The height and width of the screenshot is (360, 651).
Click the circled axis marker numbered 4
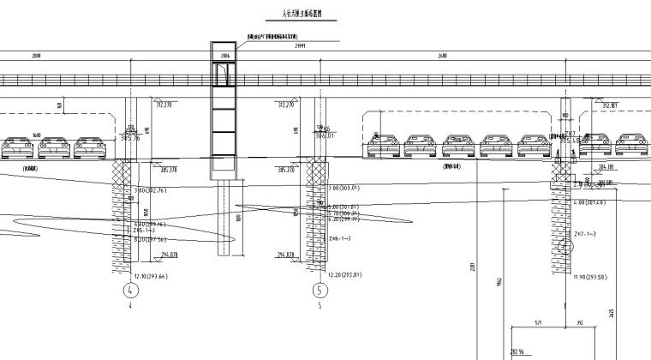[x=131, y=289]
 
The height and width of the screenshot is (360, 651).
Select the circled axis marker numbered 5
[x=320, y=290]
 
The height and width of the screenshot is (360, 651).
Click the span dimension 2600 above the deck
[x=441, y=55]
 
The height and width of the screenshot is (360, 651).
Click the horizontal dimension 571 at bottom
[x=538, y=323]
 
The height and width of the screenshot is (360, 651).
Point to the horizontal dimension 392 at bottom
[x=579, y=323]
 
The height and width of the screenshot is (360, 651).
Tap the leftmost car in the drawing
[x=18, y=149]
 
